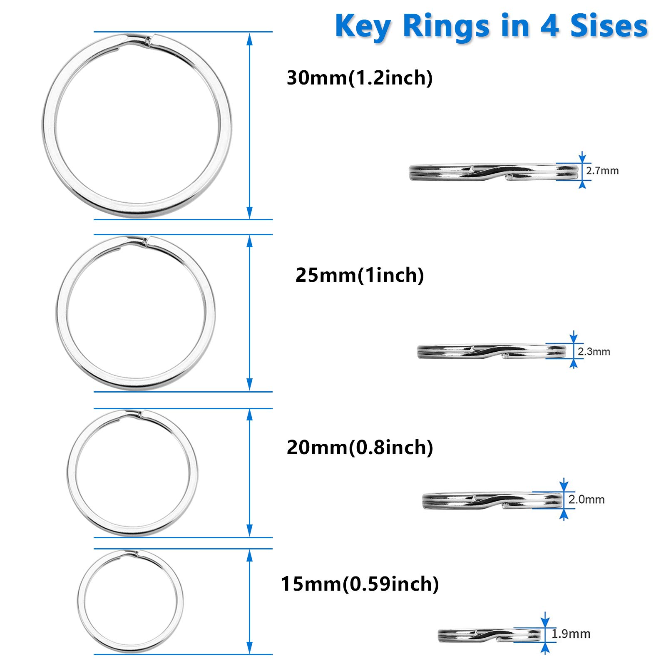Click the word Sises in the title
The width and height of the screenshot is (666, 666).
609,26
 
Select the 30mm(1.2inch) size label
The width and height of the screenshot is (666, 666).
360,78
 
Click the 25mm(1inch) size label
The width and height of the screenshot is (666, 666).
360,275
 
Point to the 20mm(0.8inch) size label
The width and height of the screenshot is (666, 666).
360,447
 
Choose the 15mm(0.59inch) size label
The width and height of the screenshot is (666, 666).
360,584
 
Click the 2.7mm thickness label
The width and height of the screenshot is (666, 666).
602,171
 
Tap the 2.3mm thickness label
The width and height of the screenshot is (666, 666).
594,352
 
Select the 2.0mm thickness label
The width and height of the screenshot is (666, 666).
586,499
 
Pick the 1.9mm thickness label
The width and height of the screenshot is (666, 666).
571,634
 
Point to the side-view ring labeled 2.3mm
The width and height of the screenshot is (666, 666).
491,352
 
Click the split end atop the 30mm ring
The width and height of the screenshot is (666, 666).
148,40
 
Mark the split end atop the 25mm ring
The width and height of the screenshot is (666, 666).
145,241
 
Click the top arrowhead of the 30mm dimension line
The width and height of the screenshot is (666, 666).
250,39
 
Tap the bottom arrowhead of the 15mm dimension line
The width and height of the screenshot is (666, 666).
250,648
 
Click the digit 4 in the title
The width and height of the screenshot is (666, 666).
549,26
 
